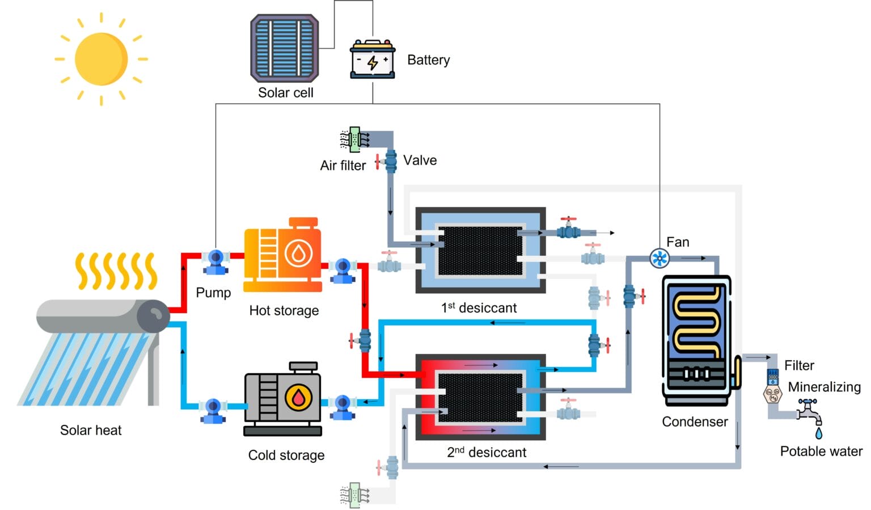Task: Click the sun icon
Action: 101,59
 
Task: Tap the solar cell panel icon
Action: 285,48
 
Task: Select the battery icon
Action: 372,59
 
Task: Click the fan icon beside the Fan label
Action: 659,259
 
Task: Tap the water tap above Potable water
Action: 810,412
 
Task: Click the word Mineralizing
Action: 824,387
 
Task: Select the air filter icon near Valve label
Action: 354,140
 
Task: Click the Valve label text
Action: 420,161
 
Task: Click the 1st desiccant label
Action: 479,308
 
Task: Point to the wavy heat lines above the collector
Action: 116,271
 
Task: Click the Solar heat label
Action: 91,430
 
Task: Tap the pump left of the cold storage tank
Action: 213,410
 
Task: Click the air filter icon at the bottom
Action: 354,495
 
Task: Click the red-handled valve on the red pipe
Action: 364,341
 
